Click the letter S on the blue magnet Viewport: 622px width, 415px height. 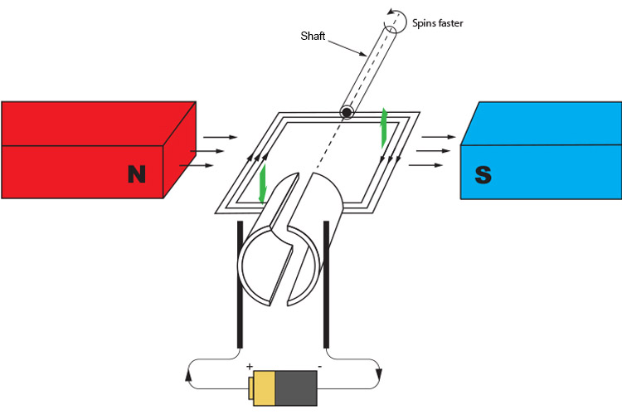483,174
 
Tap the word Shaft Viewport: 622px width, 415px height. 313,36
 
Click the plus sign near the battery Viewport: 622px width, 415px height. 249,366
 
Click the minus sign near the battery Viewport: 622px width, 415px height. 320,366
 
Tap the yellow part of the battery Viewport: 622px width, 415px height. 265,387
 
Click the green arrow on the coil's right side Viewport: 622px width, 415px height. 383,126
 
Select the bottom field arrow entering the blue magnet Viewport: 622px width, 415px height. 430,164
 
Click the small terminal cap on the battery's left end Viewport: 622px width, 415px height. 250,387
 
